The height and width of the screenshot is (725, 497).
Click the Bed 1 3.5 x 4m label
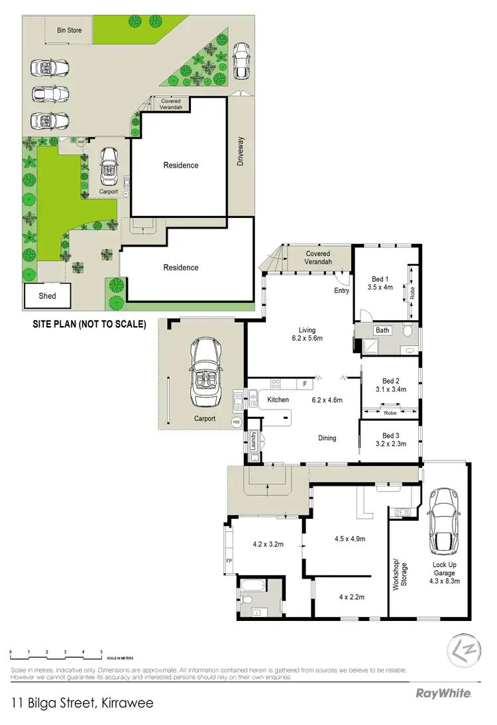coord(380,284)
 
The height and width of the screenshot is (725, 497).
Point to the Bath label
coord(382,330)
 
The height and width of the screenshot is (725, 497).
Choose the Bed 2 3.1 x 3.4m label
coord(389,385)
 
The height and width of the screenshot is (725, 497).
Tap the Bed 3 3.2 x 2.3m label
coord(389,440)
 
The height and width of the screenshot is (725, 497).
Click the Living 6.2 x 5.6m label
coord(307,335)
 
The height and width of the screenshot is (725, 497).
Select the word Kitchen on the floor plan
coord(278,400)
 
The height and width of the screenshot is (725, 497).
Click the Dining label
coord(327,437)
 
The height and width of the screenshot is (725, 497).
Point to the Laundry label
coord(252,443)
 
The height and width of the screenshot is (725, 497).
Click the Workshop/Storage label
coord(399,573)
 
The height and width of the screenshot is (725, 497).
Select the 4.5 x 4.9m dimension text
coord(349,539)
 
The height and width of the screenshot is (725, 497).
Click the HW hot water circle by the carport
coord(236,422)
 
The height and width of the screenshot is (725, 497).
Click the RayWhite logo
coord(443,694)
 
